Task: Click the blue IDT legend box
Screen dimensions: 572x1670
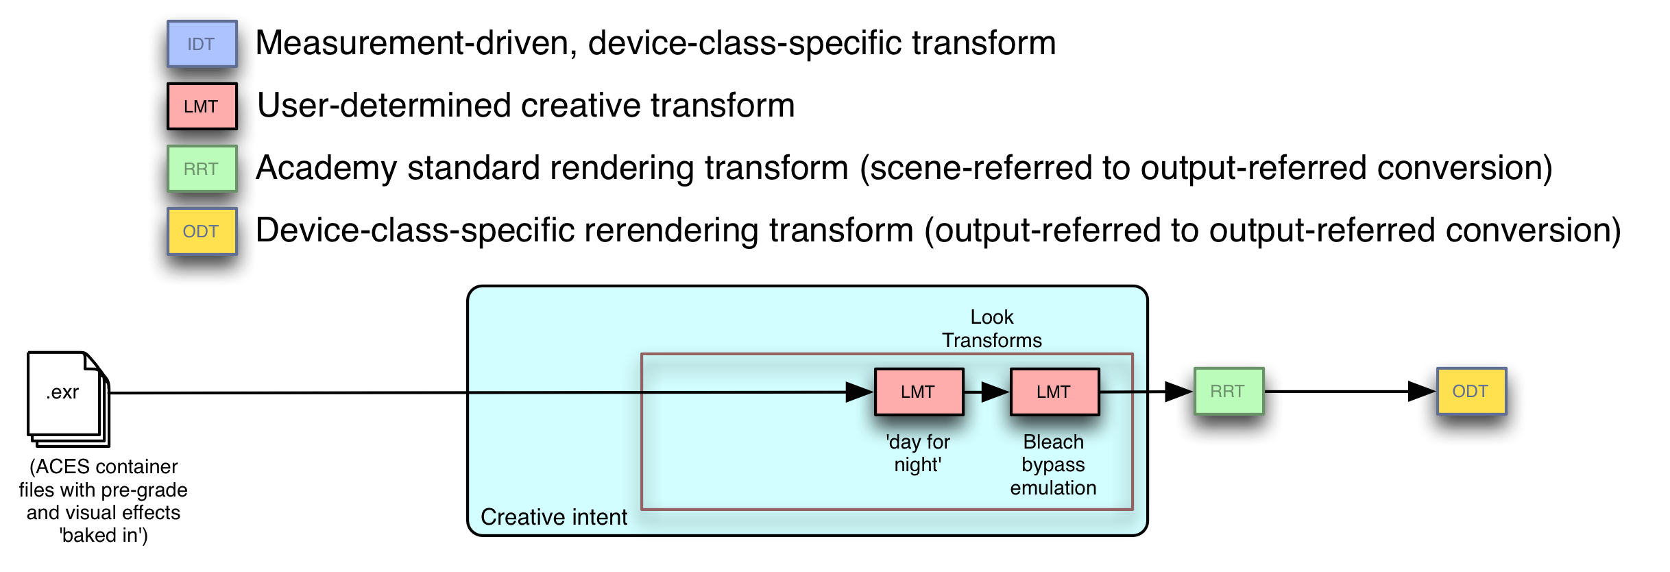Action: (202, 44)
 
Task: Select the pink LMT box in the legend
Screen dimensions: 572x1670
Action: (202, 106)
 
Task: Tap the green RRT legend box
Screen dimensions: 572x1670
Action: (202, 169)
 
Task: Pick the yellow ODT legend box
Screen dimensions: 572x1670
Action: (202, 231)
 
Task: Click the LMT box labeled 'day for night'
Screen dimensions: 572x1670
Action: (919, 392)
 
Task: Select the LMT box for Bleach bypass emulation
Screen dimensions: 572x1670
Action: (1054, 392)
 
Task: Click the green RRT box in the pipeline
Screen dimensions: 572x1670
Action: (1229, 391)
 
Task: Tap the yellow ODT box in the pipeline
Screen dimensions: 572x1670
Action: (1471, 391)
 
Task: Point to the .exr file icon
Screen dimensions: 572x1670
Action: (66, 395)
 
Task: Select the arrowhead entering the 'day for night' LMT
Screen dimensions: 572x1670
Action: (859, 392)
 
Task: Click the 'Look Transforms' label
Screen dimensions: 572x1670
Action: (991, 329)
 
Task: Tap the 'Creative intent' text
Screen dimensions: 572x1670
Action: (554, 516)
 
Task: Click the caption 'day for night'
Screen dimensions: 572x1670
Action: (918, 453)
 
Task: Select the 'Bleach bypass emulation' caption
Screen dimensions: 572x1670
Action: (1053, 464)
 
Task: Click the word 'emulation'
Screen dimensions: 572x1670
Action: (1053, 488)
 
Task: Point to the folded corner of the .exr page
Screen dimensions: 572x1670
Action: (90, 361)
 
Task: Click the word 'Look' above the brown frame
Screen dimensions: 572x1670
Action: (991, 317)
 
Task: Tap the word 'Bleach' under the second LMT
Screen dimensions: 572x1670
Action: (1053, 442)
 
